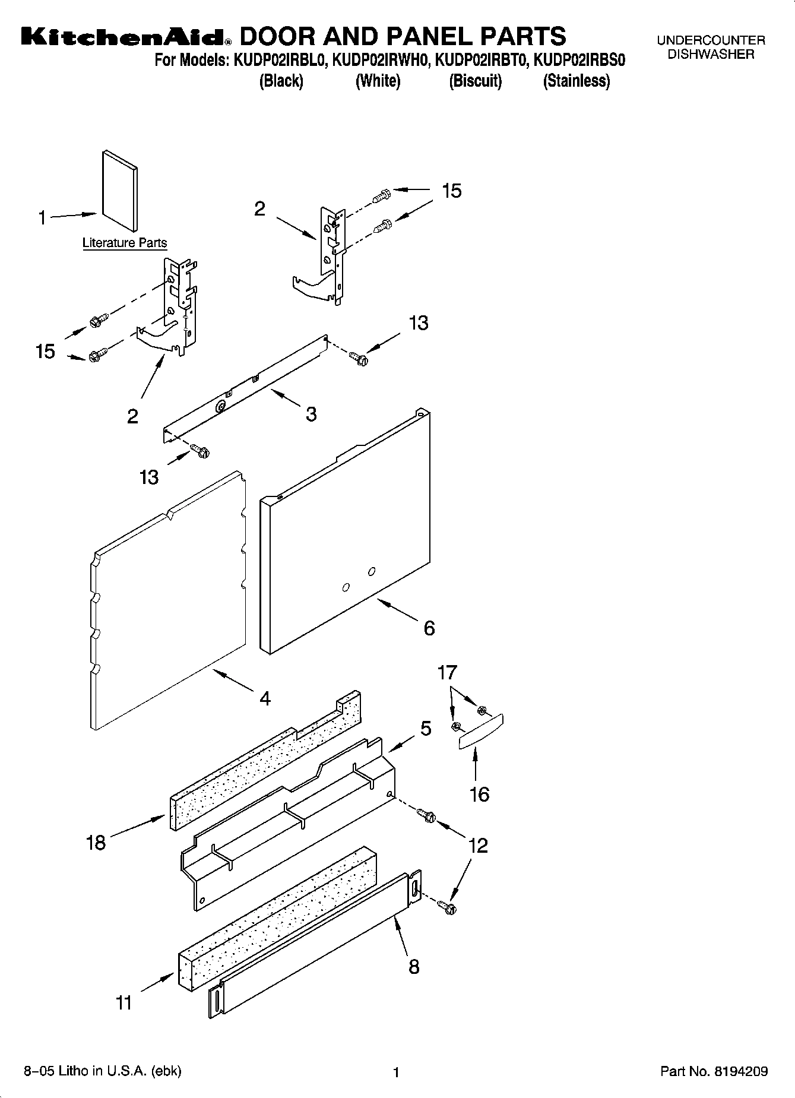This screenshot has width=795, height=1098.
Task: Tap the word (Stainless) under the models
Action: coord(576,81)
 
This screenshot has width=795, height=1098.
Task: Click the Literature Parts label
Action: coord(125,243)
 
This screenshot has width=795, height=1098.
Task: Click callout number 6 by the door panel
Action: coord(429,628)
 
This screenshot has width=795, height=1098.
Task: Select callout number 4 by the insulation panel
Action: coord(265,698)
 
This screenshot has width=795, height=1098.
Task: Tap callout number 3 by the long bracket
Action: coord(311,414)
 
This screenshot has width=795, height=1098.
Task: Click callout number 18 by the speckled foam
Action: coord(96,842)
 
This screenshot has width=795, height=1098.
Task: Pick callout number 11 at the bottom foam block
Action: coord(123,1002)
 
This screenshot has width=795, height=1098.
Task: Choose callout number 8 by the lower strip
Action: coord(414,967)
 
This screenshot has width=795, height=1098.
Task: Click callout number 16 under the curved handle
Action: coord(479,794)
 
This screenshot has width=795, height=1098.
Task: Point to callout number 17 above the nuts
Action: coord(447,672)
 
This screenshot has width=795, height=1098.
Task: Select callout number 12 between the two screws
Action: coord(478,845)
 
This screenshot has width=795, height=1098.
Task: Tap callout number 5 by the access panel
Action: coord(426,729)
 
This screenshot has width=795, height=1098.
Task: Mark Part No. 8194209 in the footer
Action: coord(714,1071)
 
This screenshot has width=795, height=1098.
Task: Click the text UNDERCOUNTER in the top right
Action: coord(711,40)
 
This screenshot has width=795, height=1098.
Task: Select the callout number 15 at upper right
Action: coord(451,191)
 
